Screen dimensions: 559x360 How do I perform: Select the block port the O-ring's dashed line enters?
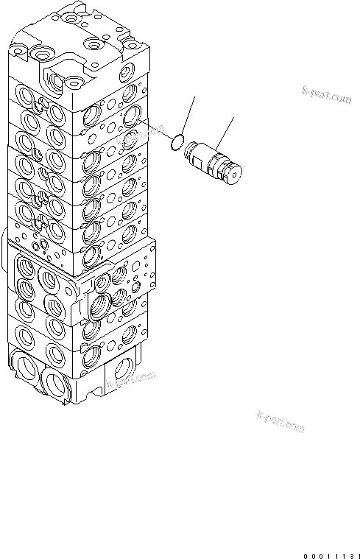133,114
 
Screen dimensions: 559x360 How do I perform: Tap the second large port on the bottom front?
57,381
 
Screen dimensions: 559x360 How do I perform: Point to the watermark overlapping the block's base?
133,379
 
